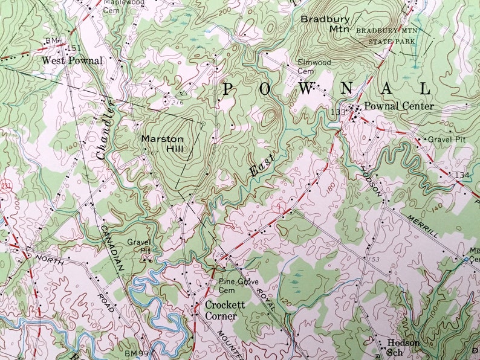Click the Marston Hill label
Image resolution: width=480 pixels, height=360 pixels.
(162, 143)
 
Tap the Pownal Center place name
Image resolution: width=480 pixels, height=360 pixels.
(399, 106)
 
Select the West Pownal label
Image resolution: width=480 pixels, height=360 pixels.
(72, 61)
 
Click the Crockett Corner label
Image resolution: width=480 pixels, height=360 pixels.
(225, 309)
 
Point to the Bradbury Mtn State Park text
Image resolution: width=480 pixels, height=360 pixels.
(386, 36)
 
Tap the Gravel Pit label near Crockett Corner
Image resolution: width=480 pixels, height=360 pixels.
(138, 246)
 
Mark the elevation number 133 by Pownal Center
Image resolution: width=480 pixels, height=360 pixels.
(338, 112)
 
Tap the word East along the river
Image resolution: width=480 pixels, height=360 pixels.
(261, 165)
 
